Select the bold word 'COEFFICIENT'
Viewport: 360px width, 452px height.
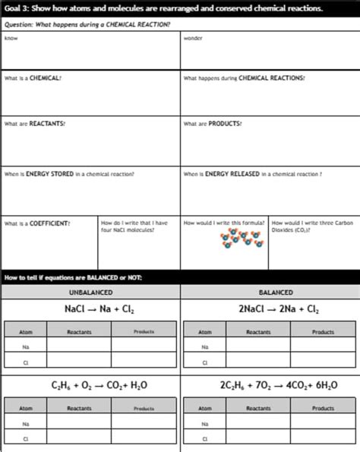click(49, 223)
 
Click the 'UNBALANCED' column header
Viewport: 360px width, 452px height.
click(90, 292)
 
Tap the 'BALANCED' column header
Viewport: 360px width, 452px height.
click(270, 292)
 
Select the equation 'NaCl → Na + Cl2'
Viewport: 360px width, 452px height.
click(90, 309)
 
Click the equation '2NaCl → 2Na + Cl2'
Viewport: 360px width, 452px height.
click(270, 309)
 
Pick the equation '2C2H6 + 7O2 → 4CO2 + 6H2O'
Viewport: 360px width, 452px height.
click(270, 386)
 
